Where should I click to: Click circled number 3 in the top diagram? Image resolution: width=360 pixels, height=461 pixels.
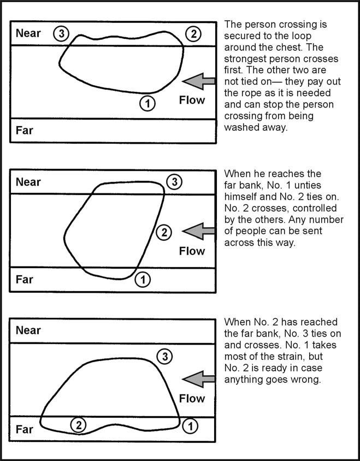[x=61, y=34]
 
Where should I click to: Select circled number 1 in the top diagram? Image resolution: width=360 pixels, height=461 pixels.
[x=147, y=102]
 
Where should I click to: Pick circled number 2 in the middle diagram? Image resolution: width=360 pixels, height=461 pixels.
[x=163, y=233]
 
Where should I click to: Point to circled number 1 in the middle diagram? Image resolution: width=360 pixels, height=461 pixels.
[x=142, y=280]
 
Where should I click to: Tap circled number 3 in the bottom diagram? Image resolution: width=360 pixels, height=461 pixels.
[x=163, y=357]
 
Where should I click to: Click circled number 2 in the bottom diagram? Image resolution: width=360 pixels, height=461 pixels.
[x=79, y=425]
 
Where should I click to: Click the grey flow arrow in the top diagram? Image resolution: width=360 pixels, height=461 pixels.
[x=198, y=81]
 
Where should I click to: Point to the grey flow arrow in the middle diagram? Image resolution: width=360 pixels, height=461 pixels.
[x=198, y=231]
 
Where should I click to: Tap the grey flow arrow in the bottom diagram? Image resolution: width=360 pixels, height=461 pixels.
[x=198, y=379]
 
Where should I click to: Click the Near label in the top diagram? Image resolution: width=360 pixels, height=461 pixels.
[x=28, y=33]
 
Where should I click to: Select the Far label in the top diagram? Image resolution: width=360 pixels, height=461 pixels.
[x=25, y=131]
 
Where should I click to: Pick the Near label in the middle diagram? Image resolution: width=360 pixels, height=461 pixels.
[x=28, y=182]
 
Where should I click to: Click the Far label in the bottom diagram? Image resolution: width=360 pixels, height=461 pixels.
[x=25, y=429]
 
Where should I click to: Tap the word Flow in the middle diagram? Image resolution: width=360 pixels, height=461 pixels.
[x=192, y=251]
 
